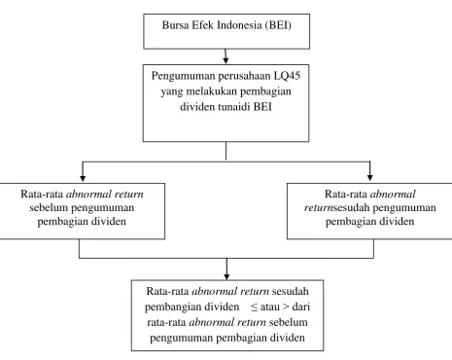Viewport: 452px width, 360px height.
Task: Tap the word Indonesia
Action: tap(239, 25)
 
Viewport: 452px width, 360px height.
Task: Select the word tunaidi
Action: tap(234, 107)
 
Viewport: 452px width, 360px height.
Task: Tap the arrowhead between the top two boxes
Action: tap(226, 60)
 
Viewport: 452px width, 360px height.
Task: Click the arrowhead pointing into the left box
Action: tap(83, 178)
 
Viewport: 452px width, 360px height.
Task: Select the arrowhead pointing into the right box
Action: tap(369, 177)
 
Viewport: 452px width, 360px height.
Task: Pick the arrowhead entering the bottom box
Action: tap(226, 276)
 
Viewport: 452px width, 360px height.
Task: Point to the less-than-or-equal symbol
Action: tap(254, 307)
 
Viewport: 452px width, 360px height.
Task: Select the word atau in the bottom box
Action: tap(269, 306)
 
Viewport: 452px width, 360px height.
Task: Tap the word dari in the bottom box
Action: tap(301, 306)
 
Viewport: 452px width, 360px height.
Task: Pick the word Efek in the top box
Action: tap(202, 25)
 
